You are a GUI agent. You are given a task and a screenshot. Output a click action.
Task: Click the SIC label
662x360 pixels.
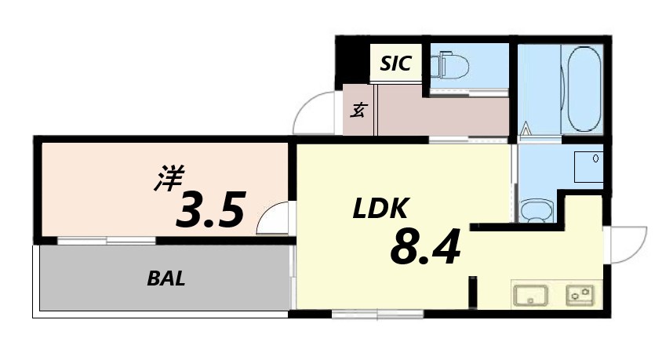click(395, 64)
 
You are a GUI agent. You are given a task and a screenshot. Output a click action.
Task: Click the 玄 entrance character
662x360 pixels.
click(358, 111)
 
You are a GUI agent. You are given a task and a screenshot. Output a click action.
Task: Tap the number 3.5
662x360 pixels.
click(211, 209)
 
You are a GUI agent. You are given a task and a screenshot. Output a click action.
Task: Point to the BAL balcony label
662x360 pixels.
click(165, 278)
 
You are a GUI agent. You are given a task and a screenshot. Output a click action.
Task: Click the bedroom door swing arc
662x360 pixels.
click(271, 217)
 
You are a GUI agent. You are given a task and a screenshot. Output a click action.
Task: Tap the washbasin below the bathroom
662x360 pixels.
click(537, 210)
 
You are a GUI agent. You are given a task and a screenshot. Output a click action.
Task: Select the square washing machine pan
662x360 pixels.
click(588, 167)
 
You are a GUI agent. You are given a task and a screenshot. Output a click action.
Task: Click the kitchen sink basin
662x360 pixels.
click(531, 296)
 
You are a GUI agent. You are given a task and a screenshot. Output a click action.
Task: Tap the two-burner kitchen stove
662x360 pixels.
click(580, 295)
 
